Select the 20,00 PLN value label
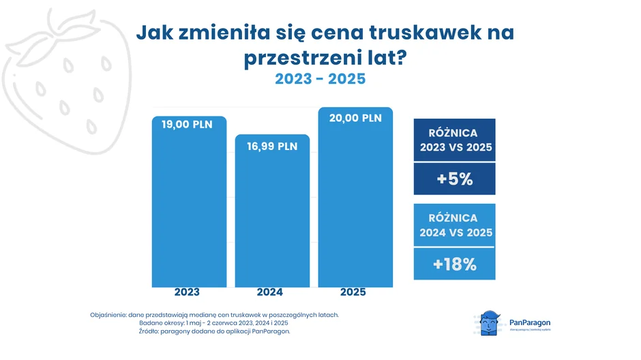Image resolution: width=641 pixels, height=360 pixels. point(356,117)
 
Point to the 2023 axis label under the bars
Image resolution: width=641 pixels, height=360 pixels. point(187,292)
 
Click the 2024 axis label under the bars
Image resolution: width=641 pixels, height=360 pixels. point(270,292)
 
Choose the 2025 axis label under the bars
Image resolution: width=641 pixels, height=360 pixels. point(353,292)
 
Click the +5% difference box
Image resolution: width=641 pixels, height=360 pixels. point(454,179)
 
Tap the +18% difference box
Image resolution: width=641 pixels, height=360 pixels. point(454,264)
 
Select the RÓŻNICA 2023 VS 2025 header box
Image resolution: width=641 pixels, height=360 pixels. point(454,140)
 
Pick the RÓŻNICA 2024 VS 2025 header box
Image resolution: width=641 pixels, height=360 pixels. point(454,225)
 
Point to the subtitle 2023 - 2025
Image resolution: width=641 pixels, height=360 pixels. point(320,79)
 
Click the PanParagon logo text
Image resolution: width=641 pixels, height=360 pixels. point(530,322)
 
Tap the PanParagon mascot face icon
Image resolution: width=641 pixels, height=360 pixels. point(488,320)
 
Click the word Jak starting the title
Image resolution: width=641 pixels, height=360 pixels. point(152,33)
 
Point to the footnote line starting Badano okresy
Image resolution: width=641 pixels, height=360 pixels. point(213,323)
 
